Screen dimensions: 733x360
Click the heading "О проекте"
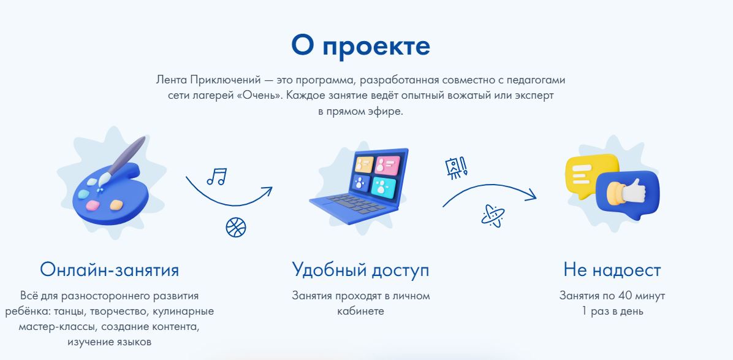(x=360, y=46)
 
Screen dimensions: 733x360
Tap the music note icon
(x=217, y=176)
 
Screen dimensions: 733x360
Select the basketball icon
(x=235, y=227)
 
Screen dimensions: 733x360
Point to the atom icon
(x=493, y=216)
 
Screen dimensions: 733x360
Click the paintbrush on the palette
(x=121, y=162)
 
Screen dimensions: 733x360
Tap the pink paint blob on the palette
(x=93, y=205)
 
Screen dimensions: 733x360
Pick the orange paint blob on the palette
(x=116, y=205)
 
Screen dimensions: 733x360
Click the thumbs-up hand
(x=626, y=191)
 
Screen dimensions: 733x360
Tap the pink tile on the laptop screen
(x=387, y=166)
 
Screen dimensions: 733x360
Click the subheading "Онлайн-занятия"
(x=109, y=270)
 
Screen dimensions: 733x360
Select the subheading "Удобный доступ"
(x=360, y=270)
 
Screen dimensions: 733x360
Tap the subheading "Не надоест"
(x=612, y=270)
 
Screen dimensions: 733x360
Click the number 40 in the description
(x=625, y=296)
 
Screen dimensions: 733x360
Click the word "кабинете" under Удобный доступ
(x=360, y=311)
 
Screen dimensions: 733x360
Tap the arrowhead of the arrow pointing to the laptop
(x=267, y=191)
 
